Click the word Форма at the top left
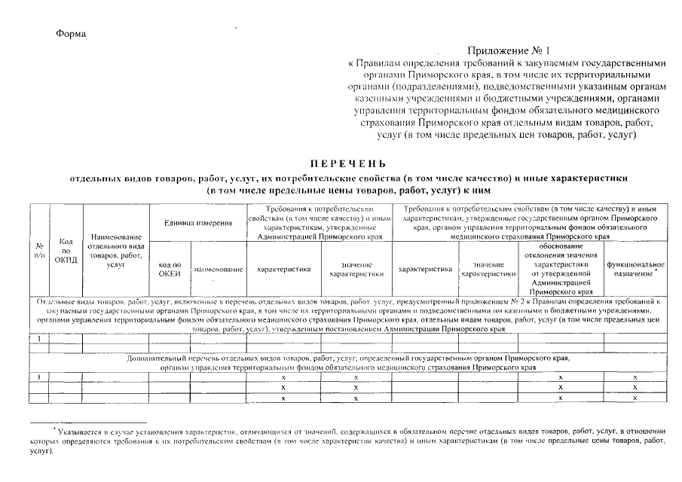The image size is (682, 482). click(x=72, y=34)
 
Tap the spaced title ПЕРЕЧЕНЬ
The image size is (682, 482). click(x=347, y=163)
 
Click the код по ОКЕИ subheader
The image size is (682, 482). click(x=170, y=269)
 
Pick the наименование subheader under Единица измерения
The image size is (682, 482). click(x=218, y=269)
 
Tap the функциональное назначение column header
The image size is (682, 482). click(x=635, y=269)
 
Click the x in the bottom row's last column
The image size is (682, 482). click(x=635, y=397)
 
